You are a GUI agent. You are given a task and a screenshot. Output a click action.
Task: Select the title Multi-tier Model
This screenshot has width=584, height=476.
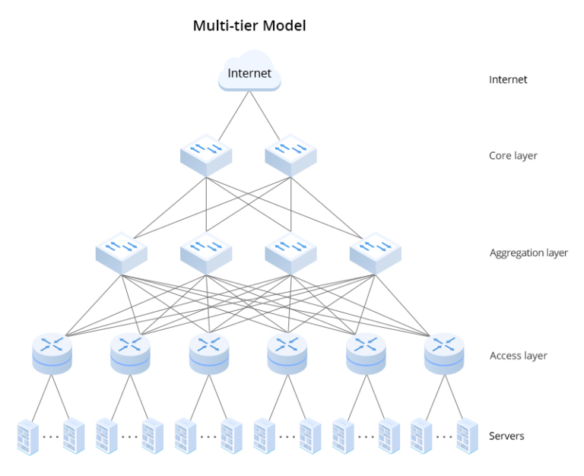click(249, 26)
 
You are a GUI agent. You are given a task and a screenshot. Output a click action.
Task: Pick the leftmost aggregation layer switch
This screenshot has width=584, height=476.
click(122, 253)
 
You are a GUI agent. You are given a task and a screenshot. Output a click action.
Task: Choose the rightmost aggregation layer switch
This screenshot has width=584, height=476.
click(375, 253)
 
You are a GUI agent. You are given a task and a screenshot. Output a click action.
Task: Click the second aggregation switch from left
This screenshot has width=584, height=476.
click(206, 253)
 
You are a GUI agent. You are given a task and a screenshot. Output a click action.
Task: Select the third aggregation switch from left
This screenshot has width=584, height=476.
click(290, 253)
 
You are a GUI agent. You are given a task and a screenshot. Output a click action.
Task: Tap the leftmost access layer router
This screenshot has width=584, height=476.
click(52, 354)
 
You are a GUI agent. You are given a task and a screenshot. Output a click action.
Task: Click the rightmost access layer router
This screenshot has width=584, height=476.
click(443, 354)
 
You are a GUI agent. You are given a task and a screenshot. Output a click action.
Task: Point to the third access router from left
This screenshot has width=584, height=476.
click(208, 354)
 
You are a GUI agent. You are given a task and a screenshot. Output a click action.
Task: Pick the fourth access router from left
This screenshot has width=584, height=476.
click(287, 354)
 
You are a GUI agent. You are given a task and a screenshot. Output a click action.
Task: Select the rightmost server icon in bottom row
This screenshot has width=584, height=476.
click(466, 436)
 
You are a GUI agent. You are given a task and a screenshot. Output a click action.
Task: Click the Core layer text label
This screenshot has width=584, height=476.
click(513, 156)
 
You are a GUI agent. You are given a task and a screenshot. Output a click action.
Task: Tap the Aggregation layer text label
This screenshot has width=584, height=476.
click(528, 253)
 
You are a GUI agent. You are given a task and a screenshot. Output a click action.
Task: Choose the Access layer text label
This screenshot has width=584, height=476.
click(517, 355)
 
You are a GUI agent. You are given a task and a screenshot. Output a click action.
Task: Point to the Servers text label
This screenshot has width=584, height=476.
click(506, 436)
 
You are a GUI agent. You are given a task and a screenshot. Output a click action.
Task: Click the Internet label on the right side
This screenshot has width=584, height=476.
click(508, 79)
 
